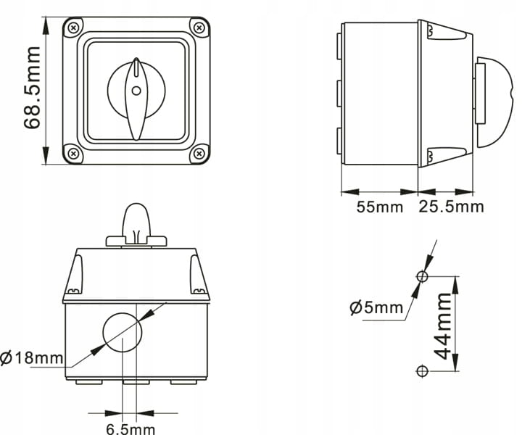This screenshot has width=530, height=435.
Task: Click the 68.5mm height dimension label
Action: point(33,88)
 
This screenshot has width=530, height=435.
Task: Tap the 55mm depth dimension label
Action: point(380,207)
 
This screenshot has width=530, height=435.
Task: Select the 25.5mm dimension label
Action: point(451,207)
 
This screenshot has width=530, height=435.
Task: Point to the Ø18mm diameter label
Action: point(31,357)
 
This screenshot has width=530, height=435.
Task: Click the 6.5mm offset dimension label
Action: point(131,429)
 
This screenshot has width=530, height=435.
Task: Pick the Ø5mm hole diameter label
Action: point(376,307)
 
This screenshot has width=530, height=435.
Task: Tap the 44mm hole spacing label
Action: point(442,326)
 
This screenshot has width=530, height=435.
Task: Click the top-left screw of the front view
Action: point(73,28)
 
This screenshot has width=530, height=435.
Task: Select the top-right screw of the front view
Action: point(199,28)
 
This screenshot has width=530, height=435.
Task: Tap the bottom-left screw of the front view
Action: point(73,154)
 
